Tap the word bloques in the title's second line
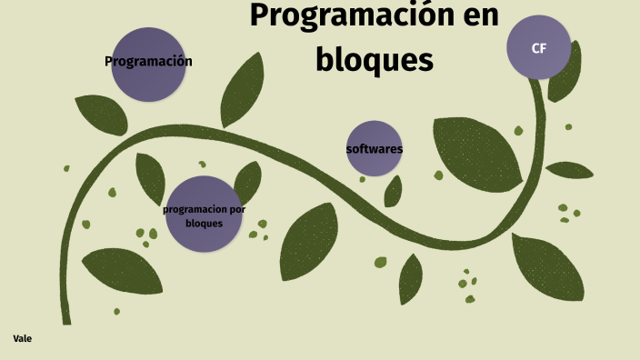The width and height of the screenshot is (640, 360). coord(375,60)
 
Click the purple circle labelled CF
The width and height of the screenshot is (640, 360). coord(538,47)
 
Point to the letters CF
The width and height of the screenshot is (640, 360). coord(538,48)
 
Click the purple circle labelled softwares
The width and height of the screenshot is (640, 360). coord(374,147)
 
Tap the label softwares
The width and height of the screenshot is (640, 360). coord(374,148)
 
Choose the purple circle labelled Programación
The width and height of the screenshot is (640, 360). coord(148,64)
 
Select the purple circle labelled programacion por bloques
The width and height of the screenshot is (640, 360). coord(204,215)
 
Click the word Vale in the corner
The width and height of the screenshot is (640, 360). coord(23,338)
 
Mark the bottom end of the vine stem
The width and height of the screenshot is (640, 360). coord(65,319)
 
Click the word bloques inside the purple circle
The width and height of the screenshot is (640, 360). coord(204,223)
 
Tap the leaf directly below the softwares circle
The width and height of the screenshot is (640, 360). coord(393,192)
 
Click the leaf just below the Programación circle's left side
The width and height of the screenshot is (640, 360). coord(101,114)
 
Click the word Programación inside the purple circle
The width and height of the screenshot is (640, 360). coord(148,62)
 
